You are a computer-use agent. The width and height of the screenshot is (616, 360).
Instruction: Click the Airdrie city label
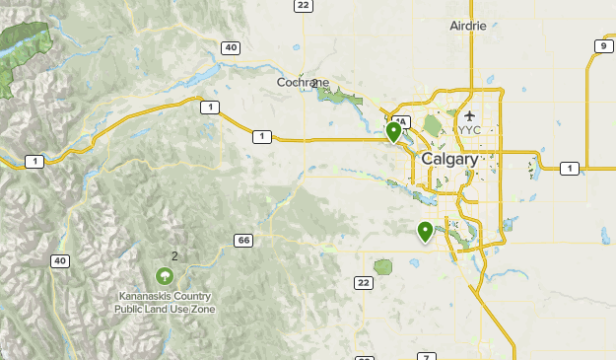click(468, 26)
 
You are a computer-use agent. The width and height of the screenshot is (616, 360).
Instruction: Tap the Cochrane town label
click(297, 83)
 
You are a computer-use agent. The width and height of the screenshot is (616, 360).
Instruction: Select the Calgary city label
click(449, 159)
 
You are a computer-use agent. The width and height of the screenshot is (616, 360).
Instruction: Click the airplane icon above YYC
click(468, 115)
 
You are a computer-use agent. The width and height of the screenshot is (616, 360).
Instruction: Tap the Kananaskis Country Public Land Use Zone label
click(165, 302)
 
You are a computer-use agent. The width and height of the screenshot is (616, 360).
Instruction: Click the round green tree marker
click(166, 277)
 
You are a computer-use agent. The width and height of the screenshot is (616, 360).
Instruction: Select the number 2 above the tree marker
click(174, 256)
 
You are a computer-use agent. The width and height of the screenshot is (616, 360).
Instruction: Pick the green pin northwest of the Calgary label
click(393, 130)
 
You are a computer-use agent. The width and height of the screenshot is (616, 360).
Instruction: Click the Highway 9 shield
click(602, 46)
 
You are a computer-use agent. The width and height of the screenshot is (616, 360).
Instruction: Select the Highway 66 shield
click(243, 241)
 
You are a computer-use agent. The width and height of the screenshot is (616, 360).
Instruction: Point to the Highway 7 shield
click(426, 356)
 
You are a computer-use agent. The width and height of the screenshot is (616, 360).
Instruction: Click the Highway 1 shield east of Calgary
click(569, 169)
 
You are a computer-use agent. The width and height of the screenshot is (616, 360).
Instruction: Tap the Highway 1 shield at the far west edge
click(35, 161)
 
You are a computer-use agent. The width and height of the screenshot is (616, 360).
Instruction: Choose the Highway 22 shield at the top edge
click(303, 6)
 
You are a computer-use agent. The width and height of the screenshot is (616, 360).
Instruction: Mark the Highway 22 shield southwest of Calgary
click(365, 283)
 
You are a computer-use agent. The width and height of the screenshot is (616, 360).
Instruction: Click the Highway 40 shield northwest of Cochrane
click(231, 47)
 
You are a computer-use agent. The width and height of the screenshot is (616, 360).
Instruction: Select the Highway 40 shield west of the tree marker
click(61, 260)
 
